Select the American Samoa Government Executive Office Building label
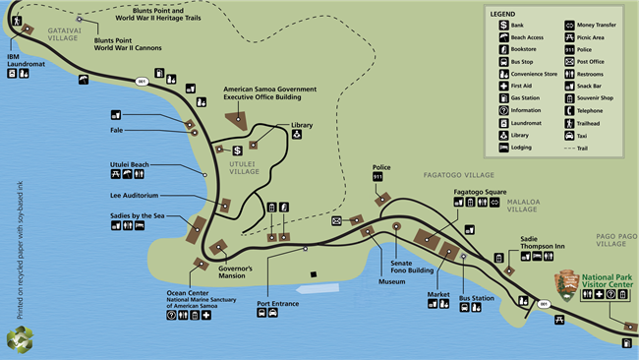coord(270,93)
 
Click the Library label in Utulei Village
coord(302,125)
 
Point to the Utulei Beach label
coord(129,164)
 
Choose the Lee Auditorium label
coord(135,196)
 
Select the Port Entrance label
coord(277,304)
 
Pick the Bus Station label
coord(476,297)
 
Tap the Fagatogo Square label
coord(480,192)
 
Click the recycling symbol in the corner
coord(19,339)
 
